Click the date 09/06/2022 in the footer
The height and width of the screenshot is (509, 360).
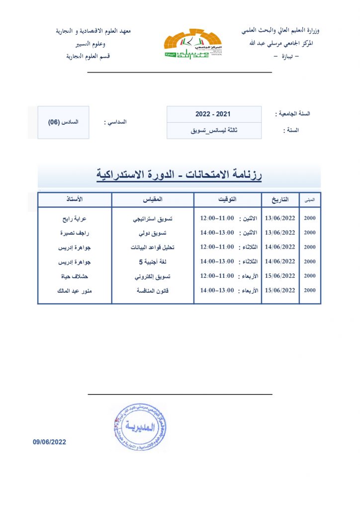tap(50, 442)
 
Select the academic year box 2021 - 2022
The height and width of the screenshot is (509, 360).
tap(213, 114)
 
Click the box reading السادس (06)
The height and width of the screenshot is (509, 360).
tap(63, 122)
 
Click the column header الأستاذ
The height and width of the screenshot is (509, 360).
tap(75, 199)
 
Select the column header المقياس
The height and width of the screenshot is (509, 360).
tap(152, 199)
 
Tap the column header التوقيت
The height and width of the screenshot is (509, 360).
tap(227, 199)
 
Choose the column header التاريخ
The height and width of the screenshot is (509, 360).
tap(280, 199)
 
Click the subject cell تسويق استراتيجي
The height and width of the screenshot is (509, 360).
tap(152, 218)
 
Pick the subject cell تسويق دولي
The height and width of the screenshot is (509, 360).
tap(152, 233)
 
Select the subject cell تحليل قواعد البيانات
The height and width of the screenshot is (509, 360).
tap(152, 247)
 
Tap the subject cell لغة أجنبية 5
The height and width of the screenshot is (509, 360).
tap(152, 261)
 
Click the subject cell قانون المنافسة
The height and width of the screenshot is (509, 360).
tap(152, 290)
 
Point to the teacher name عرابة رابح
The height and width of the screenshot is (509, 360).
tap(75, 218)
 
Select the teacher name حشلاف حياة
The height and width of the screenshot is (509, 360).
tap(75, 276)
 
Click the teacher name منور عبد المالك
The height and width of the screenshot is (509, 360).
tap(75, 290)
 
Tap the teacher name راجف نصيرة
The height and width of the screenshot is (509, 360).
tap(75, 233)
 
